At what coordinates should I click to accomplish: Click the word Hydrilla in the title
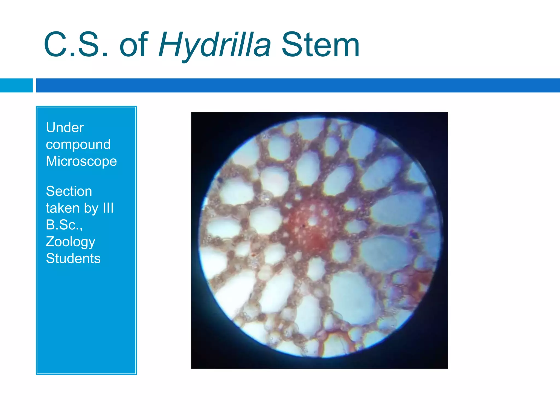tap(215, 45)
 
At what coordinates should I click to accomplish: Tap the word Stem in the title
tap(320, 45)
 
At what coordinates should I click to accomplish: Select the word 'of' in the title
tap(134, 45)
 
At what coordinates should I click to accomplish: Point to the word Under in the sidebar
tap(65, 127)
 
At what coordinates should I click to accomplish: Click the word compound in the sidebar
tap(78, 144)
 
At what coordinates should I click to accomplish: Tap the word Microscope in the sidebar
tap(81, 161)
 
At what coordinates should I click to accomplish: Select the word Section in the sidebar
tap(69, 191)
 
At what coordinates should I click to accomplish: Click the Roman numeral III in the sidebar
tap(108, 208)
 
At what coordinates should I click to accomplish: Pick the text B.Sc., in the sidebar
tap(64, 225)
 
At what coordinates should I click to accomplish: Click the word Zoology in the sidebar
tap(71, 242)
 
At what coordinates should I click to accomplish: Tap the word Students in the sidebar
tap(73, 258)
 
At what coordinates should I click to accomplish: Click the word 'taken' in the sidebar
tap(63, 208)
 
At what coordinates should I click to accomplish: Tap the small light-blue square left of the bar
tap(16, 85)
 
